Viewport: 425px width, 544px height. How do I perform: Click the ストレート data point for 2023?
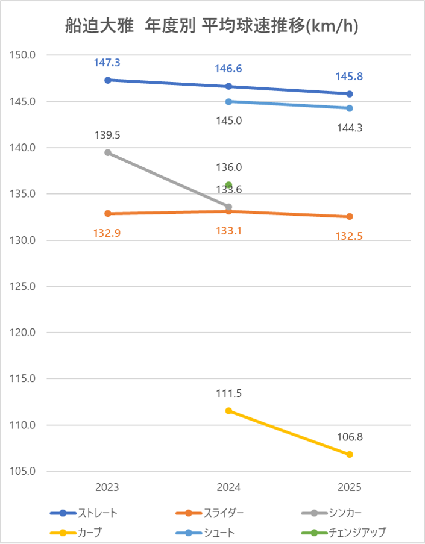click(x=108, y=80)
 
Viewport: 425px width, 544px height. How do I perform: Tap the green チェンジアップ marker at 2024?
click(x=228, y=185)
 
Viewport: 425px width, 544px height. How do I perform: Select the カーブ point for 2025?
click(x=350, y=454)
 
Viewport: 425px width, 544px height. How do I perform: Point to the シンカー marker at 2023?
click(x=108, y=152)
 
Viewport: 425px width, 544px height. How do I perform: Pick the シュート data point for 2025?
click(x=350, y=108)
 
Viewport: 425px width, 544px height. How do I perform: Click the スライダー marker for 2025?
click(x=350, y=217)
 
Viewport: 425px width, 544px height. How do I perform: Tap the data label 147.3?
click(x=107, y=63)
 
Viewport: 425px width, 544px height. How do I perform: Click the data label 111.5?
click(x=228, y=393)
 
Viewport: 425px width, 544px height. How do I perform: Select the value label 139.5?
click(x=107, y=135)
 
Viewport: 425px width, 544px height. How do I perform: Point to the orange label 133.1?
click(x=228, y=230)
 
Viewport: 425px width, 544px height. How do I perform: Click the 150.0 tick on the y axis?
click(x=24, y=55)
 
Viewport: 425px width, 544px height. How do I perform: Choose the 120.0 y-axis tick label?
click(x=24, y=333)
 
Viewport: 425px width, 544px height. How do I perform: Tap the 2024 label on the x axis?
click(x=228, y=487)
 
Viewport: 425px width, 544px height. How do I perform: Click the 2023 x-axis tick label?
click(x=107, y=487)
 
